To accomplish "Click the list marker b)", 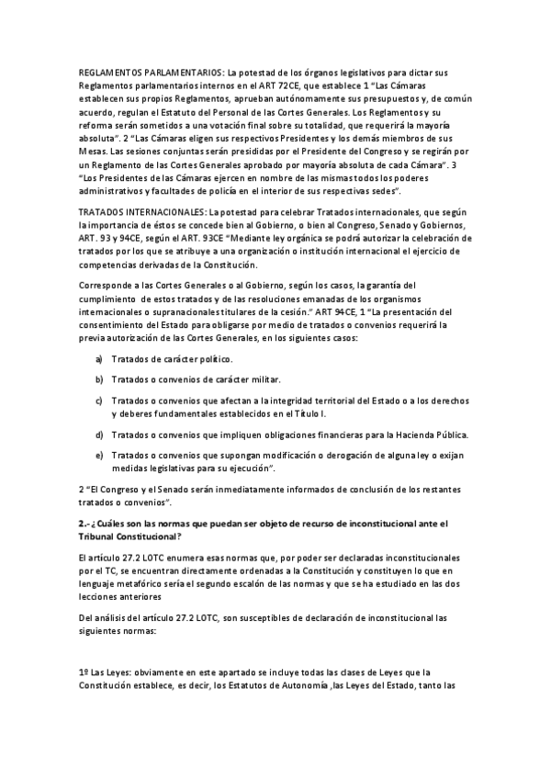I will tap(98, 379).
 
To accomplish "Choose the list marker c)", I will tap(98, 401).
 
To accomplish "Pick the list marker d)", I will tap(98, 434).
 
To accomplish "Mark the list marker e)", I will tap(98, 455).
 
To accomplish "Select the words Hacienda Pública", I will tap(431, 434).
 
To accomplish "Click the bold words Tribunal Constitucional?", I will tap(129, 536).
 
